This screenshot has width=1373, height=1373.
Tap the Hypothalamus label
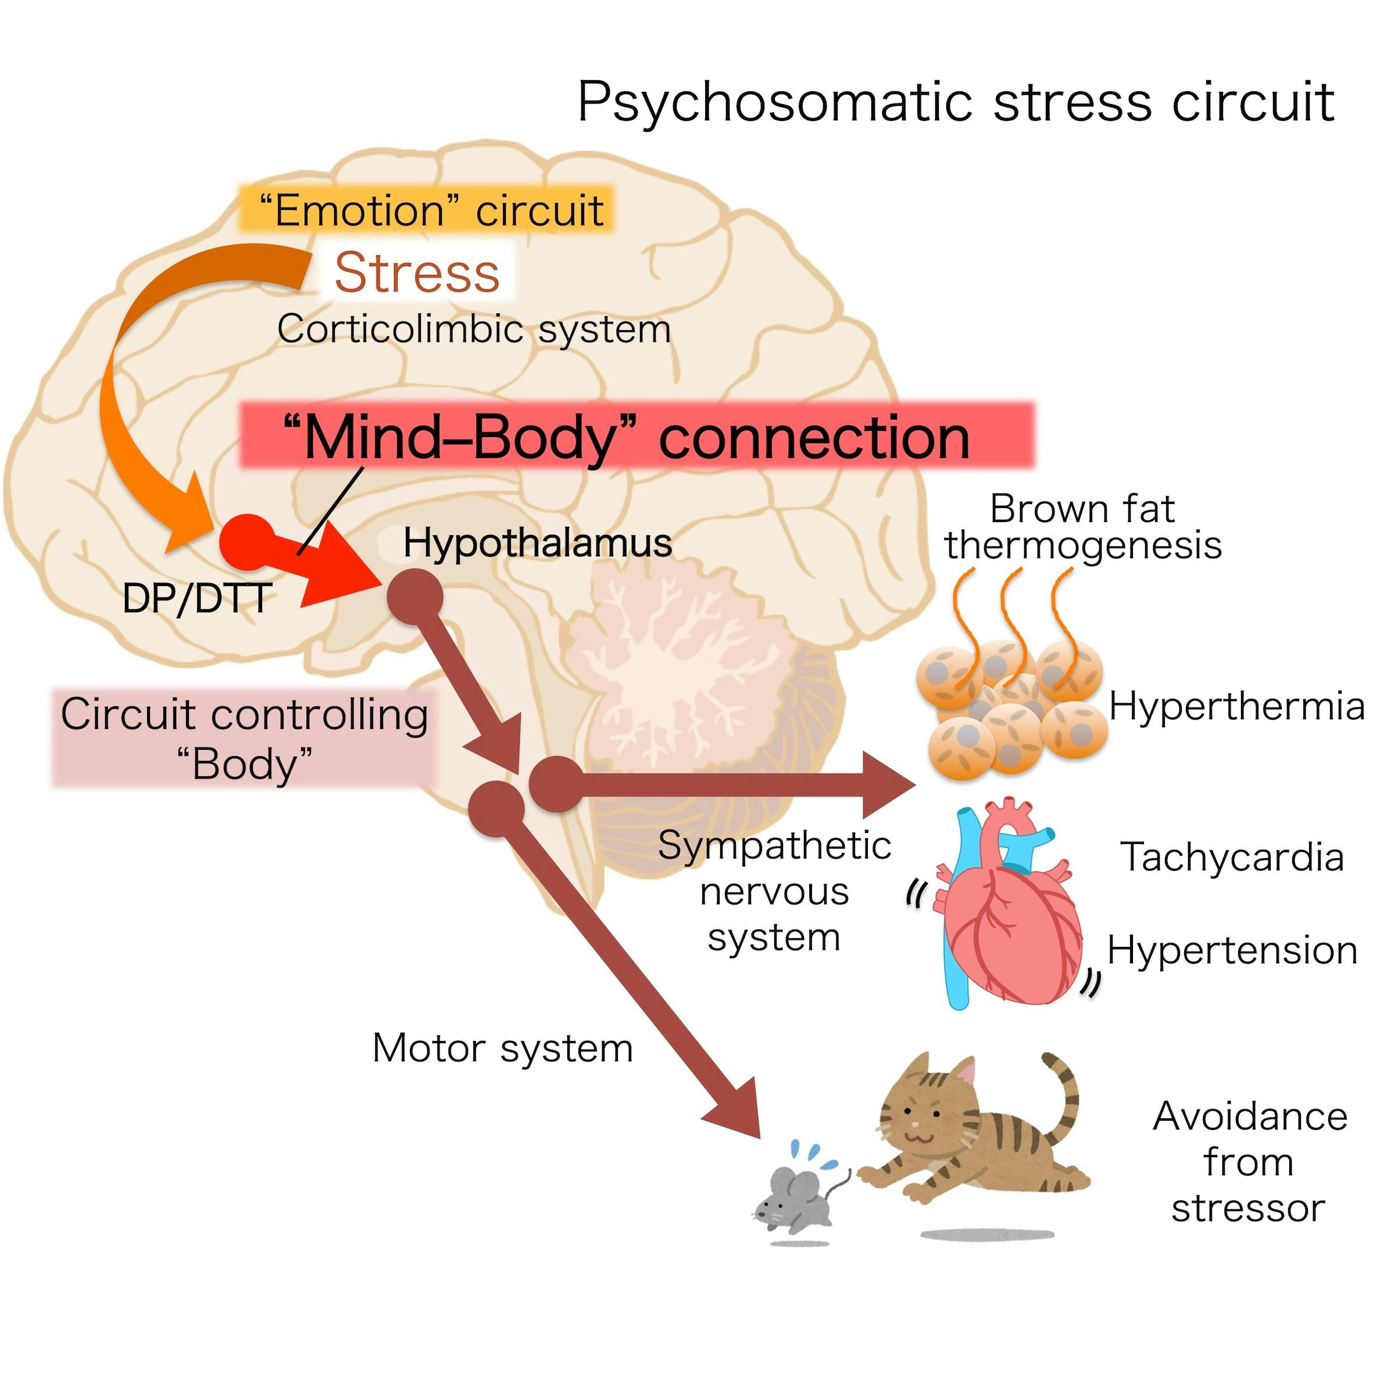537,544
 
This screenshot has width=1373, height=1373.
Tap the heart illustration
1009,924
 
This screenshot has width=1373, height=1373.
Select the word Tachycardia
1232,857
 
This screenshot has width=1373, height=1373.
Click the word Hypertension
1232,950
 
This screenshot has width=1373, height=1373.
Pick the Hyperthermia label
1236,707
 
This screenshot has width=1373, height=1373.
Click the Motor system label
502,1048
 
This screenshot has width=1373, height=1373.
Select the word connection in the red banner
814,438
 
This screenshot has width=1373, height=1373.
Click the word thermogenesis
1083,546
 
